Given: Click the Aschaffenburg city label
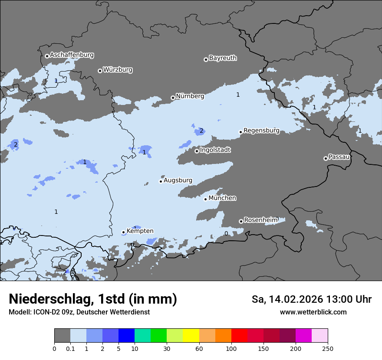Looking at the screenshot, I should click(x=72, y=55).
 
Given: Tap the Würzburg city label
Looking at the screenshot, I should click(x=118, y=70).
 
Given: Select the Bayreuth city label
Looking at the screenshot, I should click(x=223, y=58).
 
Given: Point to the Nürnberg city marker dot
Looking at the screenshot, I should click(x=173, y=98).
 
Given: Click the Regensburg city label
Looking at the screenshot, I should click(x=261, y=131).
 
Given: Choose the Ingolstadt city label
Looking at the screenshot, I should click(x=215, y=150).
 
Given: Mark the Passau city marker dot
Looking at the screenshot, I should click(x=326, y=158).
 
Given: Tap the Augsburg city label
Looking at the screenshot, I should click(x=178, y=180).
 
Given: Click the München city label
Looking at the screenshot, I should click(x=222, y=198).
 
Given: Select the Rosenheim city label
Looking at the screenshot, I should click(x=260, y=220).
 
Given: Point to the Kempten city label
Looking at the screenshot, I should click(x=140, y=231).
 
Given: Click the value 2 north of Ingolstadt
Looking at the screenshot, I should click(x=201, y=131).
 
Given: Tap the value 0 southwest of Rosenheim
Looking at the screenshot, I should click(x=226, y=233).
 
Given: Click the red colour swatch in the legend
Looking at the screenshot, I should click(x=239, y=336).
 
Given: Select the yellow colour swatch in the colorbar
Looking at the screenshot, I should click(x=191, y=336).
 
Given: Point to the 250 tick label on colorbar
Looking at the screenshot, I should click(x=328, y=348).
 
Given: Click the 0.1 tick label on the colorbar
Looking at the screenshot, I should click(x=70, y=348).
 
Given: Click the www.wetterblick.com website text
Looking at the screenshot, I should click(x=313, y=312).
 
